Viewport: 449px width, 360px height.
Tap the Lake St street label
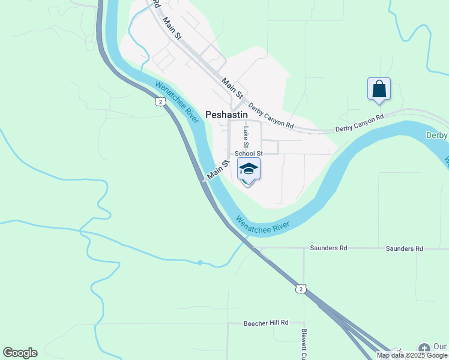[246, 137]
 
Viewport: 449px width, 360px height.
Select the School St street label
[249, 154]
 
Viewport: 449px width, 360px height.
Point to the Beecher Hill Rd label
[266, 323]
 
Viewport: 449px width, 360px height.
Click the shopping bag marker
[379, 89]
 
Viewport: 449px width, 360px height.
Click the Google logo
[20, 353]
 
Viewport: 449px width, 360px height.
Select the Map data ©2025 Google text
[412, 355]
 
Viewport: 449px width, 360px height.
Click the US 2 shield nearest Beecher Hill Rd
[301, 289]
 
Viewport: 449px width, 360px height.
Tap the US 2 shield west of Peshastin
[160, 102]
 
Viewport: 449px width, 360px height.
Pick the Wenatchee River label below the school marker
[263, 224]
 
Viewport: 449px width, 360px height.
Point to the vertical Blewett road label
[304, 340]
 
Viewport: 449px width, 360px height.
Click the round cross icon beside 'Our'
[424, 348]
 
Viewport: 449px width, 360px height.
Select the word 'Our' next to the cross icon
[440, 347]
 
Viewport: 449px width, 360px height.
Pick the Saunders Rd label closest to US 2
[328, 248]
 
